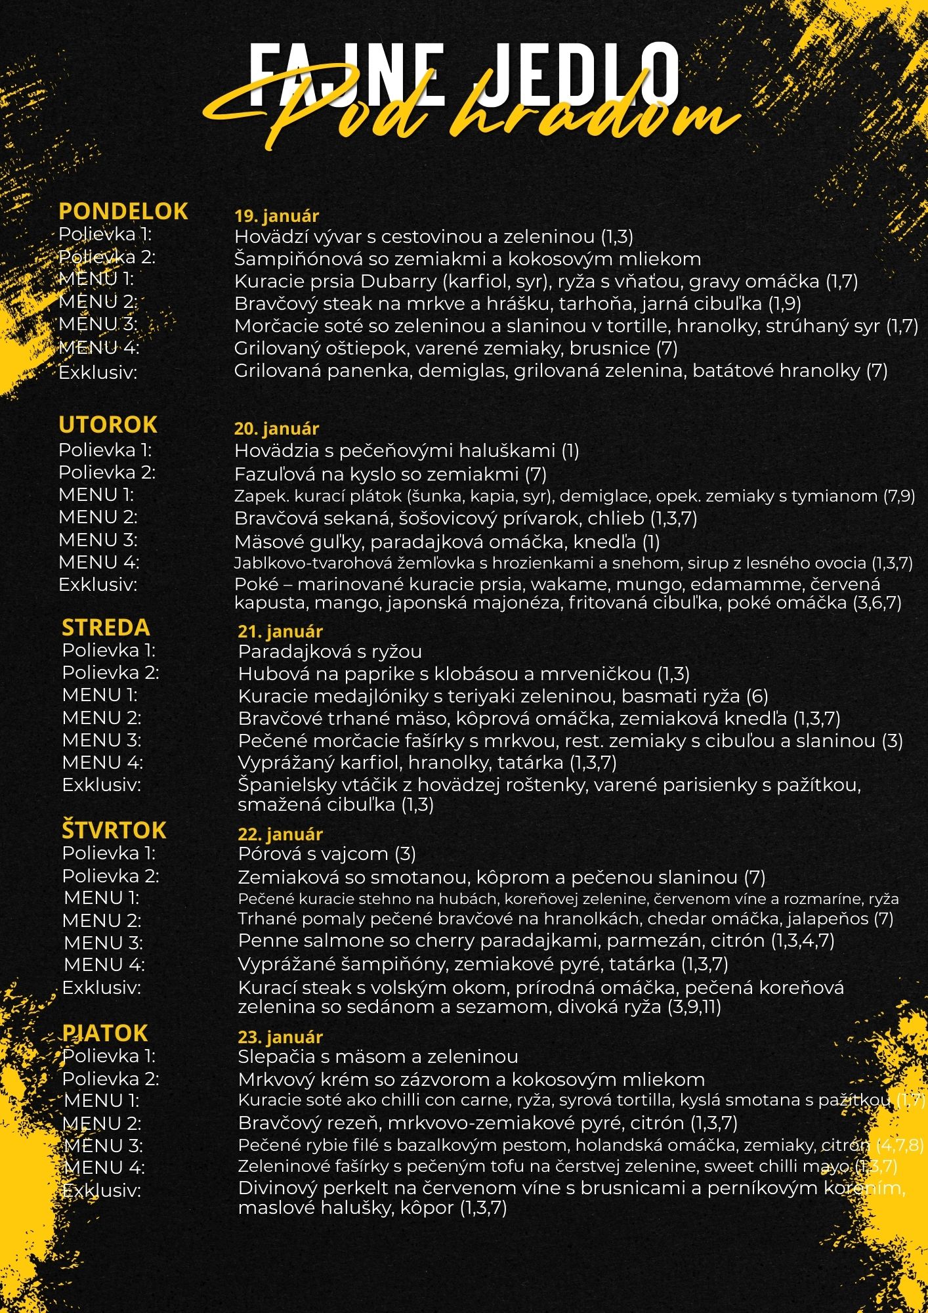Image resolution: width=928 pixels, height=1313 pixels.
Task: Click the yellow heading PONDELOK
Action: click(123, 211)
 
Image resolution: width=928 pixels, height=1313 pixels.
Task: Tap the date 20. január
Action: click(276, 429)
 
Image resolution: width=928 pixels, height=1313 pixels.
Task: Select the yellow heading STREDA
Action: click(106, 628)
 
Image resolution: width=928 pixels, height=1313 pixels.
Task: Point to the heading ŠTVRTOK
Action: click(114, 830)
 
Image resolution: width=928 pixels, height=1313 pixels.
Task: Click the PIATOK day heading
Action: click(105, 1033)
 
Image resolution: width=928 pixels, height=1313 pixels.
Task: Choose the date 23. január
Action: click(280, 1037)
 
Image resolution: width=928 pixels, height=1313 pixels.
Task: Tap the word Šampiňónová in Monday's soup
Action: click(294, 259)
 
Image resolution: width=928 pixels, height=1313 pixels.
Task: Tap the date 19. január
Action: click(276, 215)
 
